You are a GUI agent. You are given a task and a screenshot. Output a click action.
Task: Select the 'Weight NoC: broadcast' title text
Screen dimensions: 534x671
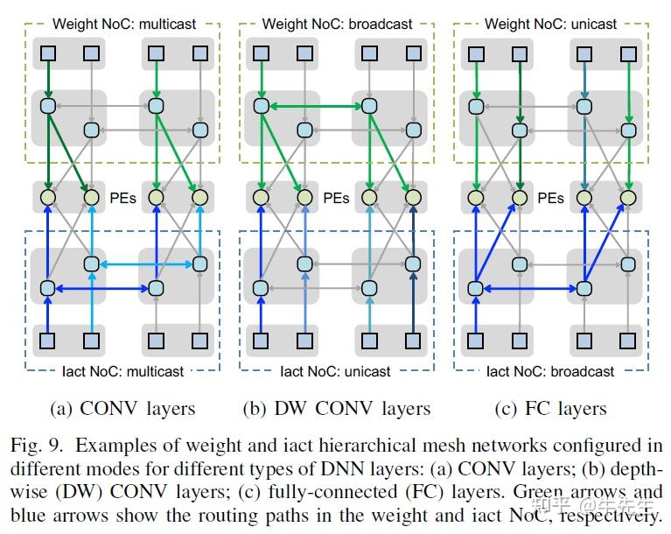pyautogui.click(x=337, y=24)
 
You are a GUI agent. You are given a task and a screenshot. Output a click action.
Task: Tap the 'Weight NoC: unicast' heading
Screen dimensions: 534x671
pyautogui.click(x=550, y=24)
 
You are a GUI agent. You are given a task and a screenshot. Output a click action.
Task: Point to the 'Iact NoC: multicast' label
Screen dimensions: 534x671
pyautogui.click(x=122, y=370)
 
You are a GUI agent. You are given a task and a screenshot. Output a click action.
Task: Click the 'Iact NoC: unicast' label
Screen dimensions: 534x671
pyautogui.click(x=337, y=370)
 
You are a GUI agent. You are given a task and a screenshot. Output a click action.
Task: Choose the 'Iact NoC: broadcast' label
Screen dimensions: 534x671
pyautogui.click(x=550, y=370)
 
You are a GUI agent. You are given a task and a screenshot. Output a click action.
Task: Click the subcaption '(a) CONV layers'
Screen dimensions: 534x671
pyautogui.click(x=126, y=409)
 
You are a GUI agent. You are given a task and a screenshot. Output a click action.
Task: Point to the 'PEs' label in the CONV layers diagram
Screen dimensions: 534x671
pyautogui.click(x=123, y=198)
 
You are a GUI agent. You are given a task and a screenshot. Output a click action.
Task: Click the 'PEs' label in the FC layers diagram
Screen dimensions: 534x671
pyautogui.click(x=550, y=198)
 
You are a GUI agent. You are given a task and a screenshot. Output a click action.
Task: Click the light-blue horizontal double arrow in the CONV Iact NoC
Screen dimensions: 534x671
pyautogui.click(x=145, y=263)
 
